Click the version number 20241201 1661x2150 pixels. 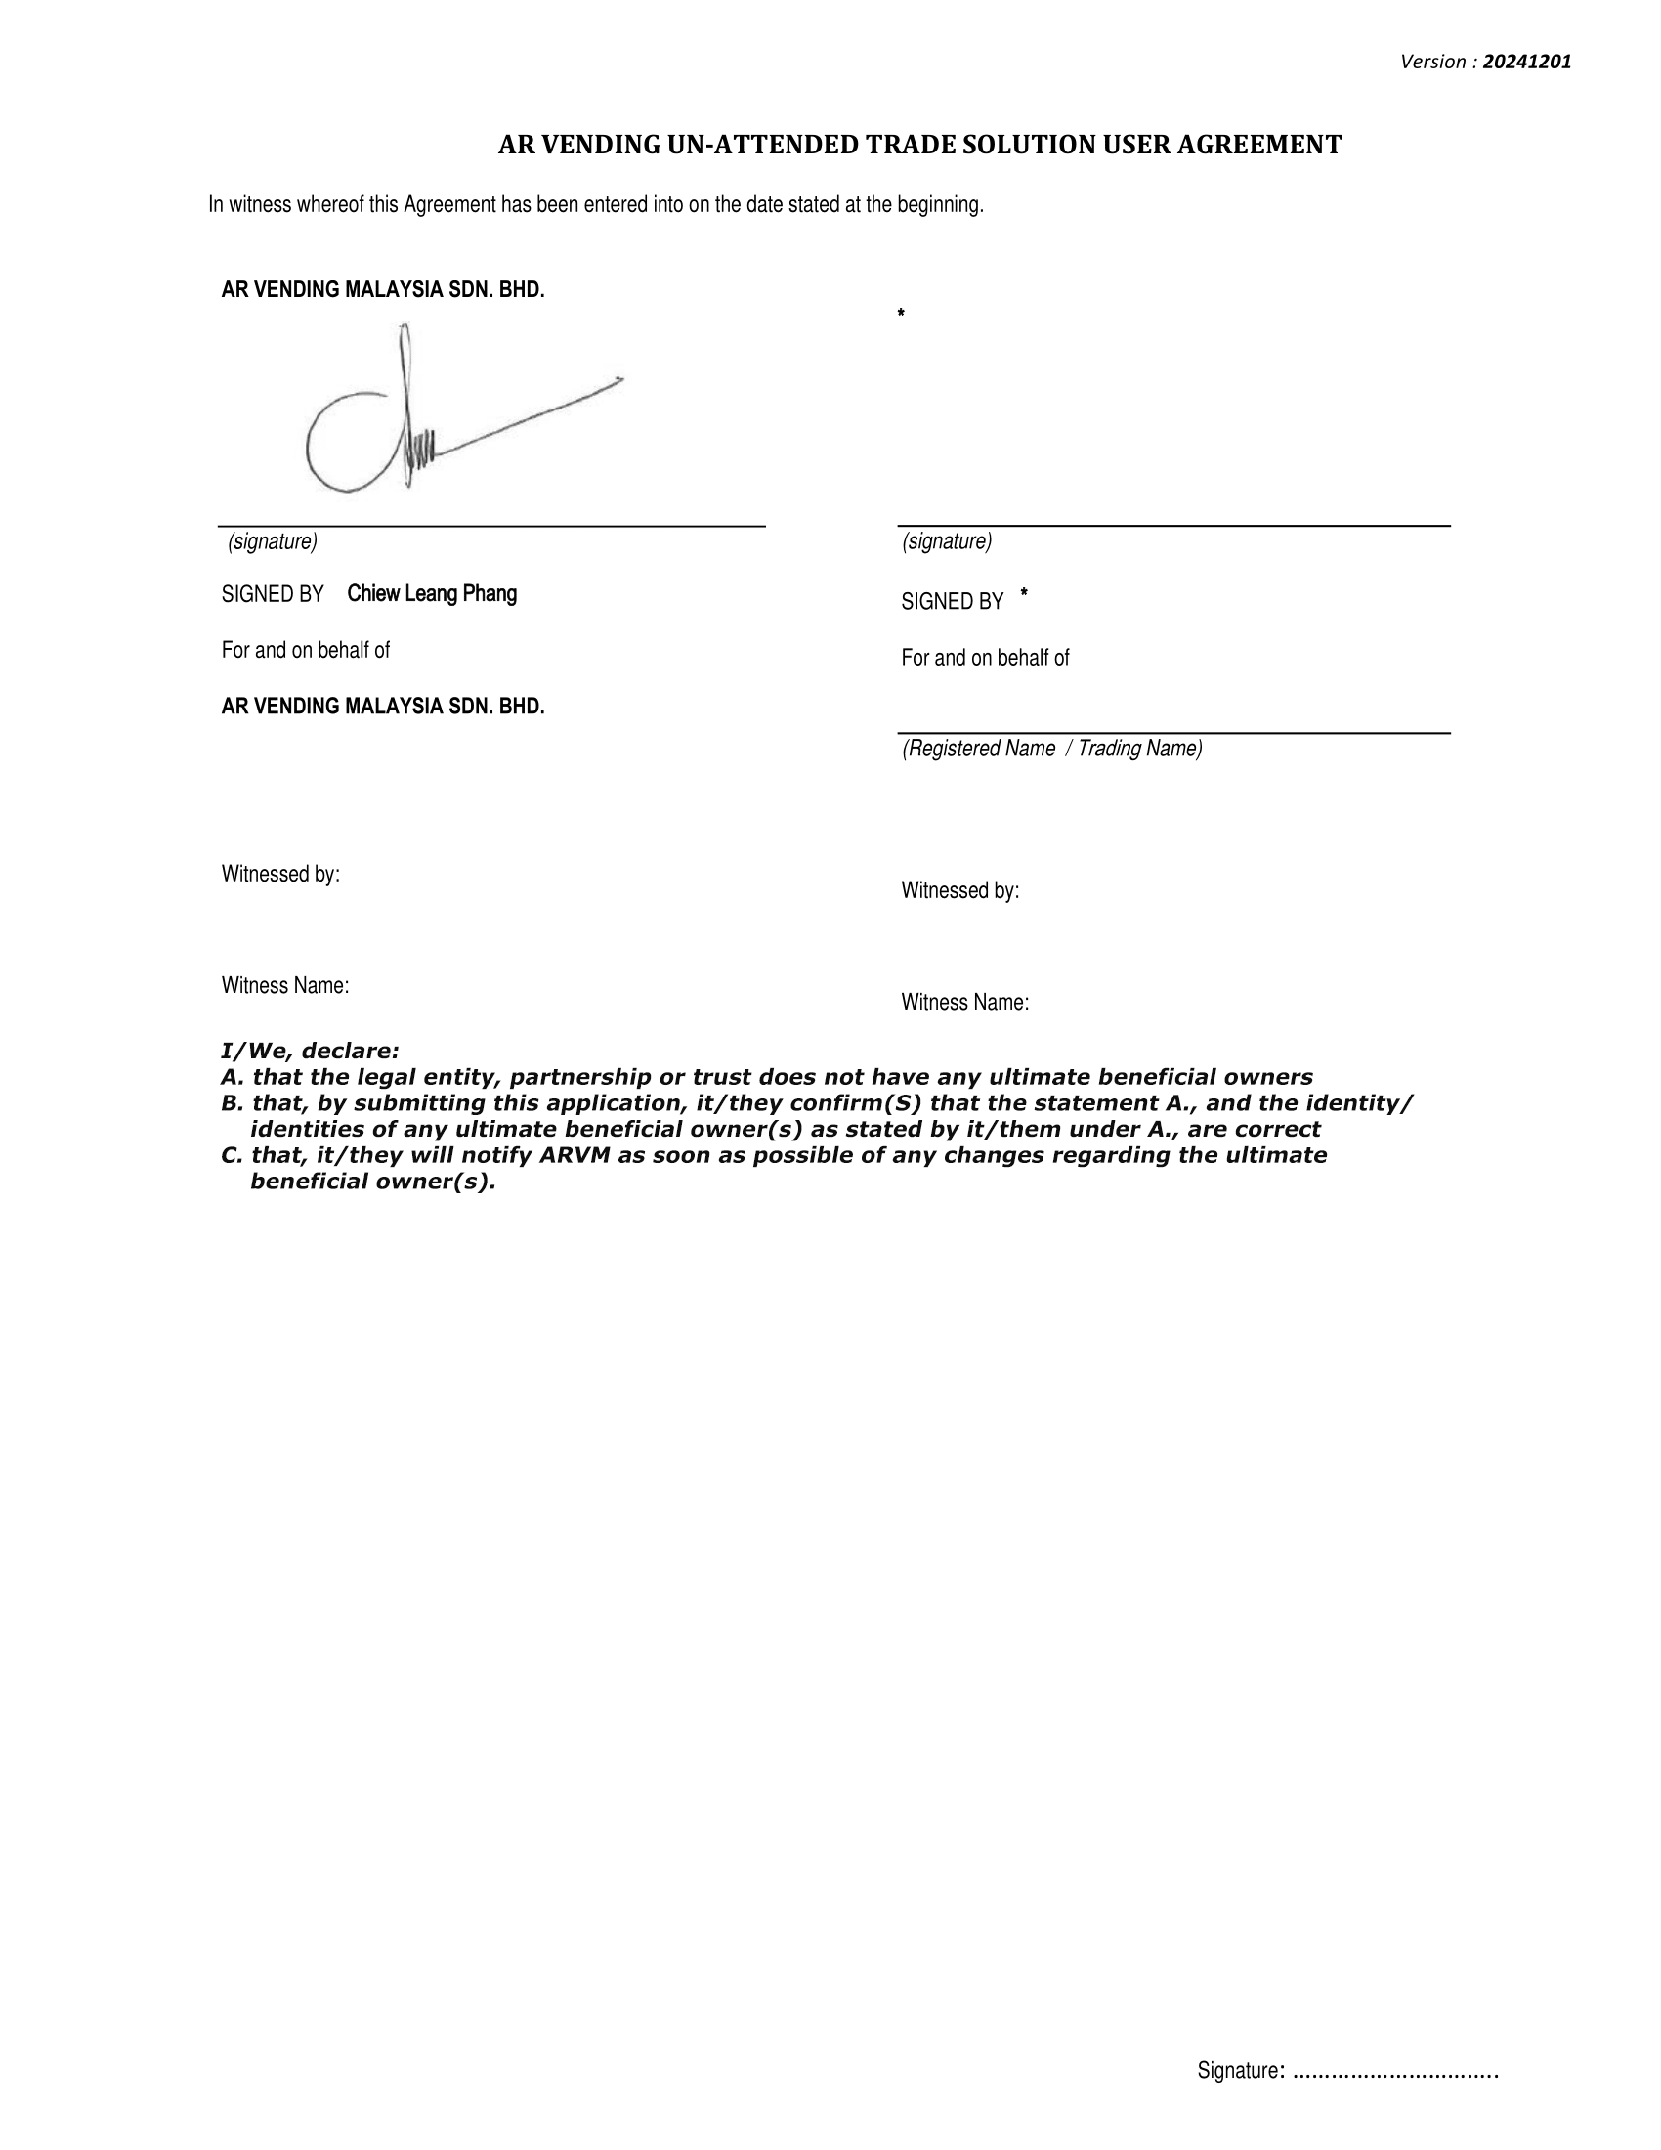[1527, 62]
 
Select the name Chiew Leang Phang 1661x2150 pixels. [432, 593]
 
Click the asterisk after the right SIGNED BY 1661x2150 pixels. [1024, 593]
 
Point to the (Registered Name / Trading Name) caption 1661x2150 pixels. [1052, 749]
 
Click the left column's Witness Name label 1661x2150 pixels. [285, 985]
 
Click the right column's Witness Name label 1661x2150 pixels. [965, 1002]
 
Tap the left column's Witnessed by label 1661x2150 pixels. [280, 875]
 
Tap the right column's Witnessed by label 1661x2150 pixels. [960, 891]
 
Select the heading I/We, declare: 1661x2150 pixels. [310, 1052]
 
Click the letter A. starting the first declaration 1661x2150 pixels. [233, 1077]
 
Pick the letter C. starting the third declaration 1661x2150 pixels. [232, 1155]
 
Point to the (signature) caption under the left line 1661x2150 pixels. [273, 541]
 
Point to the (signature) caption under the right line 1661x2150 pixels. [947, 541]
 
